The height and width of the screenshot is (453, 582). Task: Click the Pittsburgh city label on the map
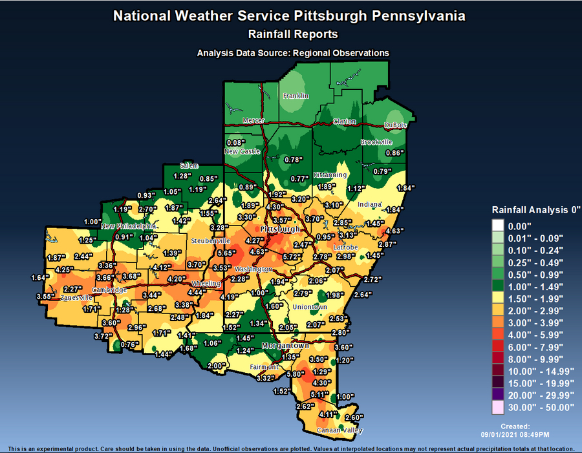tap(280, 230)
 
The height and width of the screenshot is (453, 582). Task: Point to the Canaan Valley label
tap(339, 430)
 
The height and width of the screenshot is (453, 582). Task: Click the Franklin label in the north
tap(296, 96)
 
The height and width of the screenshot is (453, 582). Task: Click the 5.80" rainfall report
tap(296, 374)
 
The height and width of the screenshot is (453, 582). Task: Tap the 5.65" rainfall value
tap(226, 253)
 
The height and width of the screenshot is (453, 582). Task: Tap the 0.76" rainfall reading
tap(130, 344)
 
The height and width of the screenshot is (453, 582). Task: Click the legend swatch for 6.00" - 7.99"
tap(499, 347)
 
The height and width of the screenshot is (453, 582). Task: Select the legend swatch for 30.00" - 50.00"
tap(499, 407)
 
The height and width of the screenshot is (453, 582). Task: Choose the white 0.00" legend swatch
tap(499, 226)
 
